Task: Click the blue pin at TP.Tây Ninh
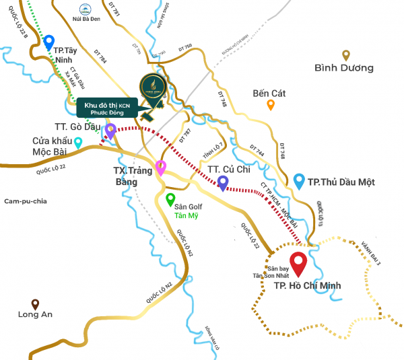tap(48, 42)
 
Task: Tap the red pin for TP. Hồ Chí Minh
tap(297, 260)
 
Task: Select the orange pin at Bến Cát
tap(271, 104)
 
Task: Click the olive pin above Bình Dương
tap(346, 55)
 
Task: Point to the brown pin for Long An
tap(35, 304)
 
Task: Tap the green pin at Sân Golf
tap(170, 199)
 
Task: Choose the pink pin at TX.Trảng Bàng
tap(160, 167)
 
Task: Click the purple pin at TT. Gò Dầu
tap(110, 130)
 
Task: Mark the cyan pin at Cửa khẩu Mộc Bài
tap(78, 142)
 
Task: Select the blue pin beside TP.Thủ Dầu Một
tap(299, 180)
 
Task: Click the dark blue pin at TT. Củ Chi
tap(223, 182)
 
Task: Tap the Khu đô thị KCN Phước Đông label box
tap(107, 108)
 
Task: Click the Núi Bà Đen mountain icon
tap(86, 9)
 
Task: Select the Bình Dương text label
tap(344, 68)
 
